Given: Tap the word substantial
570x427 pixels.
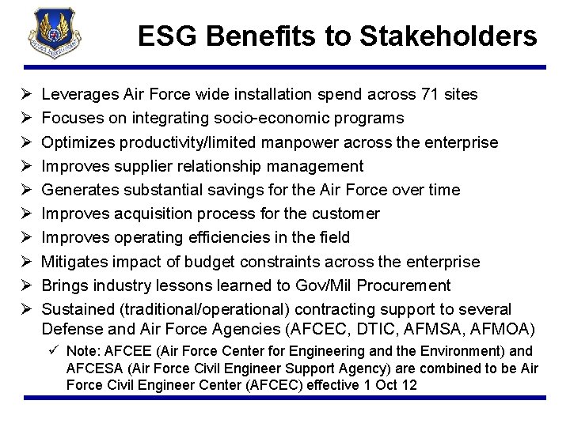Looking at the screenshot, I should point(159,190).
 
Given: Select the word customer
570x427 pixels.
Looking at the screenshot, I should point(344,213).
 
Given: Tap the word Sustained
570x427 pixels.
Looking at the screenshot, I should point(74,308).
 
